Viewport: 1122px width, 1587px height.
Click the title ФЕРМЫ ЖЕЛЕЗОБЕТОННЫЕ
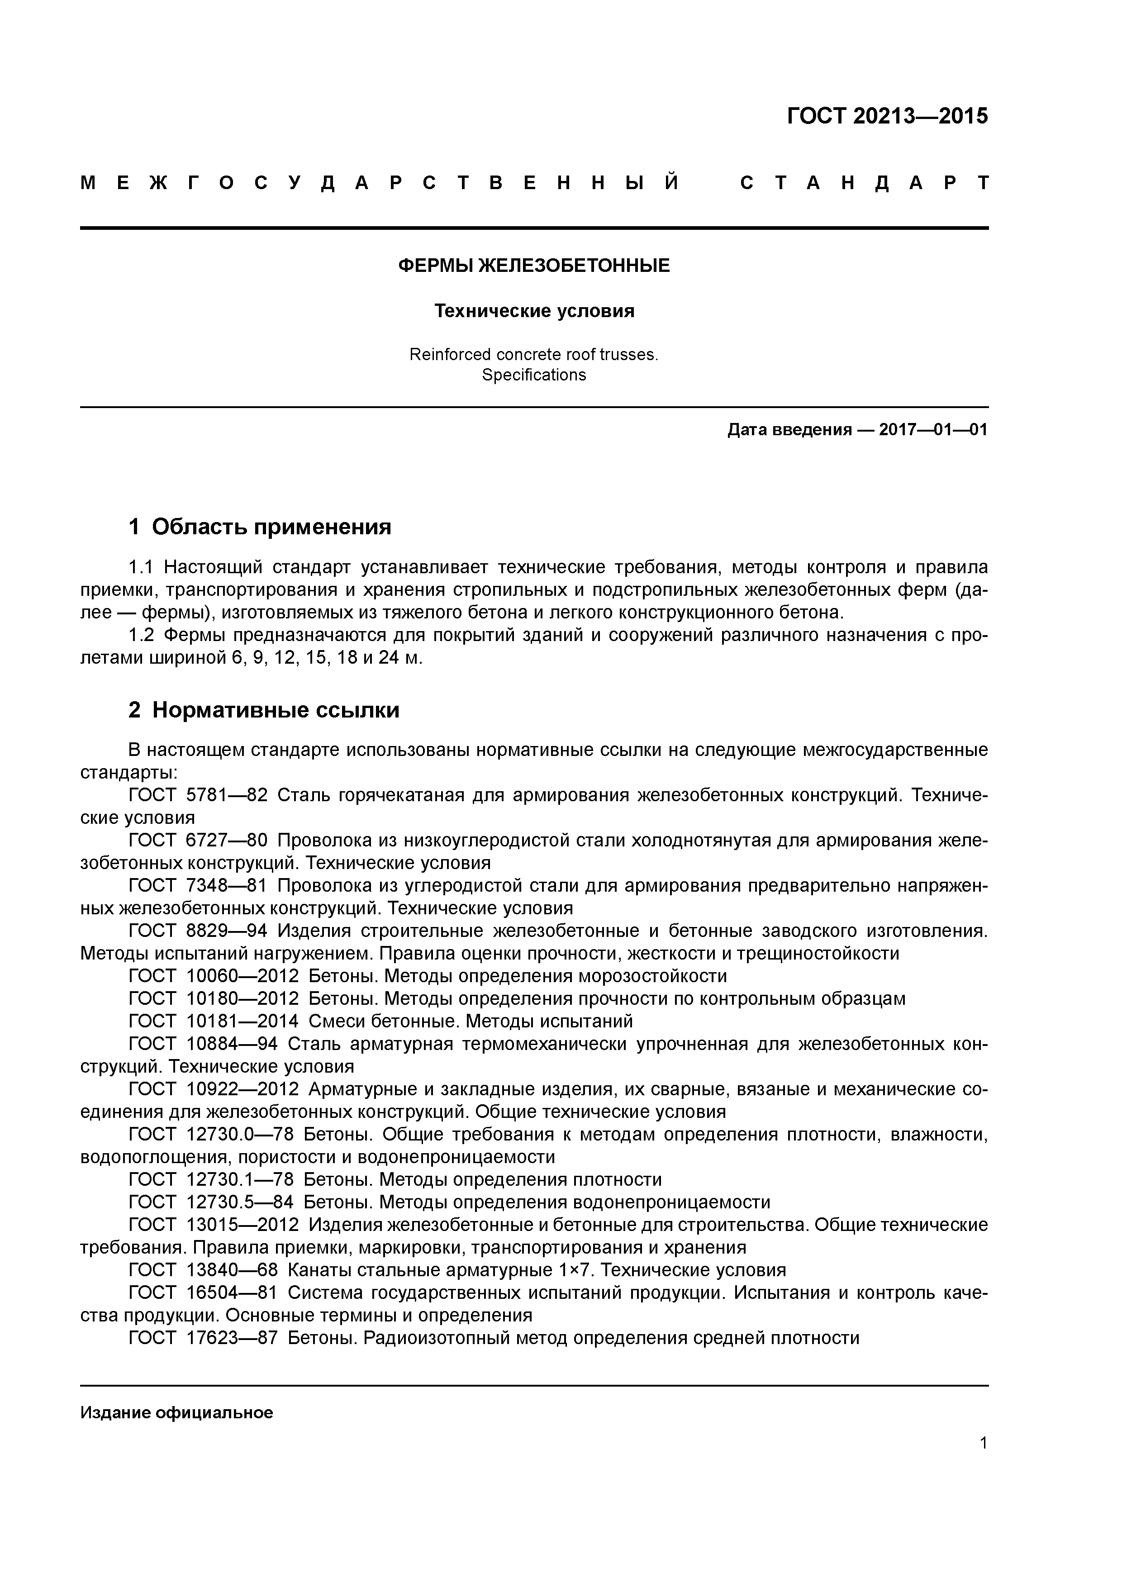click(534, 266)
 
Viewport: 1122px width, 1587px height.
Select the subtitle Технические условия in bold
click(534, 311)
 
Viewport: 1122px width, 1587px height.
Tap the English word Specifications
click(534, 375)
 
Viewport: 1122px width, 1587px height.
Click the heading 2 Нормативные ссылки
click(264, 710)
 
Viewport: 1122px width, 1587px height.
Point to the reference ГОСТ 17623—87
click(203, 1337)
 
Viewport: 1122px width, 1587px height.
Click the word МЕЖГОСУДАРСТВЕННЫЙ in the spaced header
click(379, 183)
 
